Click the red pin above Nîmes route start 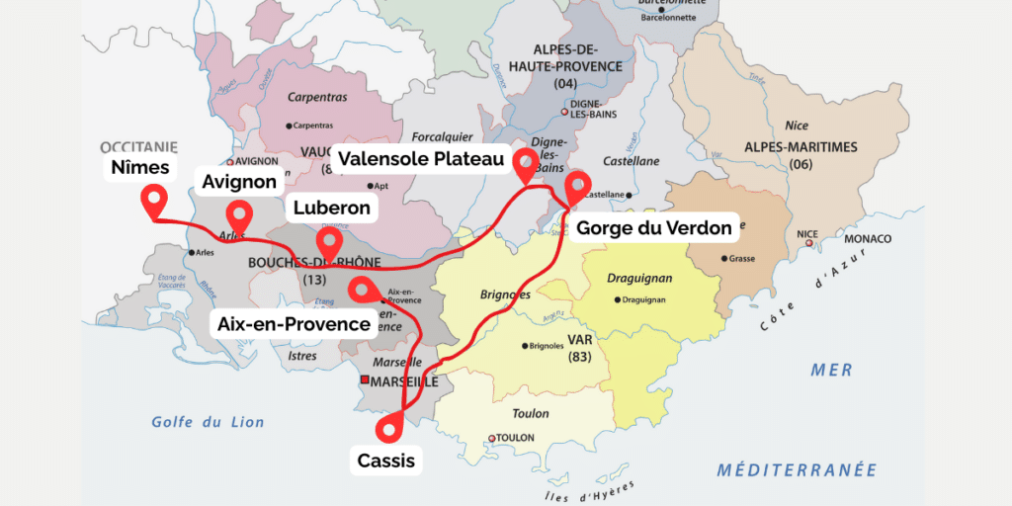coord(153,202)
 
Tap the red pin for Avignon coord(238,212)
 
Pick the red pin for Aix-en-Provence coord(363,288)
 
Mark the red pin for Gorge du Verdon coord(576,185)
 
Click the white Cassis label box coord(385,461)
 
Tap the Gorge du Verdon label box coord(653,228)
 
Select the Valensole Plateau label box coord(421,159)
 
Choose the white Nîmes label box coord(140,167)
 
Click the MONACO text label coord(867,239)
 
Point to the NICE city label coord(807,234)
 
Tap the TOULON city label coord(515,438)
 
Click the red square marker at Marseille coord(365,380)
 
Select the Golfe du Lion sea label coord(208,422)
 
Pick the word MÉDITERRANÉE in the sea coord(797,469)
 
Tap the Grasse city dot coord(722,258)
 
